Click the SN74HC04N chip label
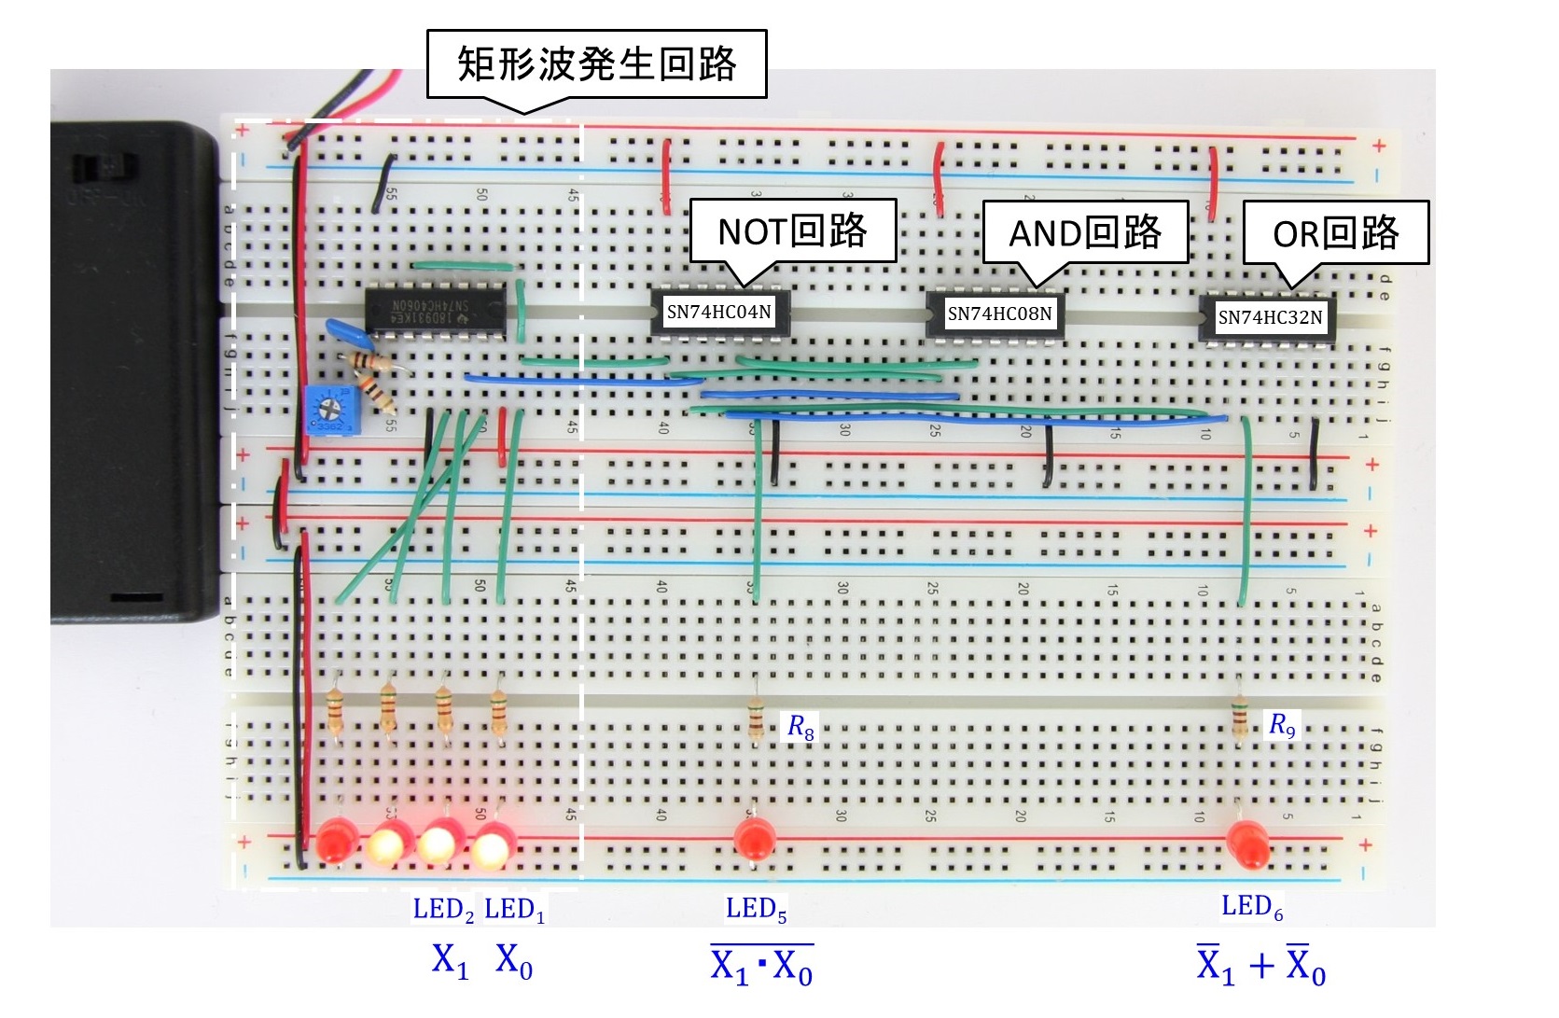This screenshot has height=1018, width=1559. [718, 312]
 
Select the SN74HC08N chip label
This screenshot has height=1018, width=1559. [999, 314]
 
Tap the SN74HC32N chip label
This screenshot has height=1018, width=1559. [1270, 317]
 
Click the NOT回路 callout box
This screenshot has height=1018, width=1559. [792, 230]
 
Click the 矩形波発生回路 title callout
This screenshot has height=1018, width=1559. [596, 63]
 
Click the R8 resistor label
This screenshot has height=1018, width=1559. [800, 727]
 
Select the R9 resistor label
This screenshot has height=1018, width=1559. [1282, 724]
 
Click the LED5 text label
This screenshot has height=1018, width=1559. [756, 909]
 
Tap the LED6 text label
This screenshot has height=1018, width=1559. [1252, 906]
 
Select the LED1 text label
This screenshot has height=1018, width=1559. [514, 910]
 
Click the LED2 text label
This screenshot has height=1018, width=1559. [443, 910]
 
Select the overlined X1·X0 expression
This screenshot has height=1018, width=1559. [760, 966]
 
